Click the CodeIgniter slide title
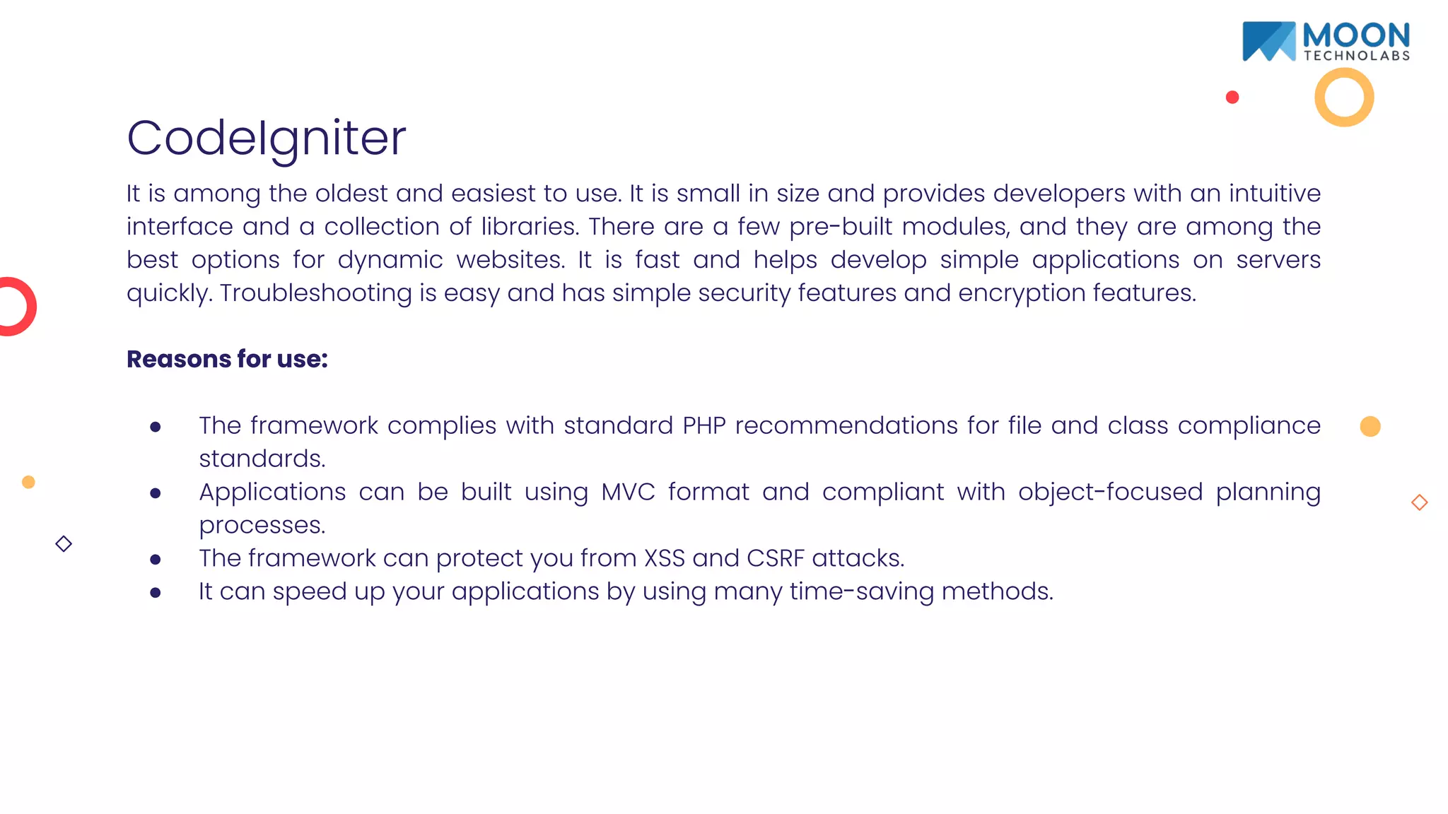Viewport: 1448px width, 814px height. [x=266, y=138]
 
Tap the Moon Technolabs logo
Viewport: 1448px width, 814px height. [x=1326, y=42]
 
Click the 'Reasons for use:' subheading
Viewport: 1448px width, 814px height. [x=227, y=359]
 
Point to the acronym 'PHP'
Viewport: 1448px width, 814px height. [x=704, y=425]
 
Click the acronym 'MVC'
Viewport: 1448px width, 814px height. [x=628, y=492]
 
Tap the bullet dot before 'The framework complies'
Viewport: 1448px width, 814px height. [x=156, y=427]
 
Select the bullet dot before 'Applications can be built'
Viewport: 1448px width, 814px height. [x=156, y=493]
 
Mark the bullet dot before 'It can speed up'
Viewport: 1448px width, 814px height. [x=156, y=593]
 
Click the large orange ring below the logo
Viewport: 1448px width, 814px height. [x=1344, y=98]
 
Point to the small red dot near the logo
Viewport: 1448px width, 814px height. [x=1232, y=98]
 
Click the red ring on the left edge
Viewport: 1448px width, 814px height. [x=16, y=307]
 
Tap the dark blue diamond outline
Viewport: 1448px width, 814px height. [x=64, y=544]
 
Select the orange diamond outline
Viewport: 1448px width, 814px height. [x=1419, y=502]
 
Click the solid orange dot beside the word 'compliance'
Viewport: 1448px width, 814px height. [x=1370, y=426]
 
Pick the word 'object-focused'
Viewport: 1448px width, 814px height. [x=1110, y=492]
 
